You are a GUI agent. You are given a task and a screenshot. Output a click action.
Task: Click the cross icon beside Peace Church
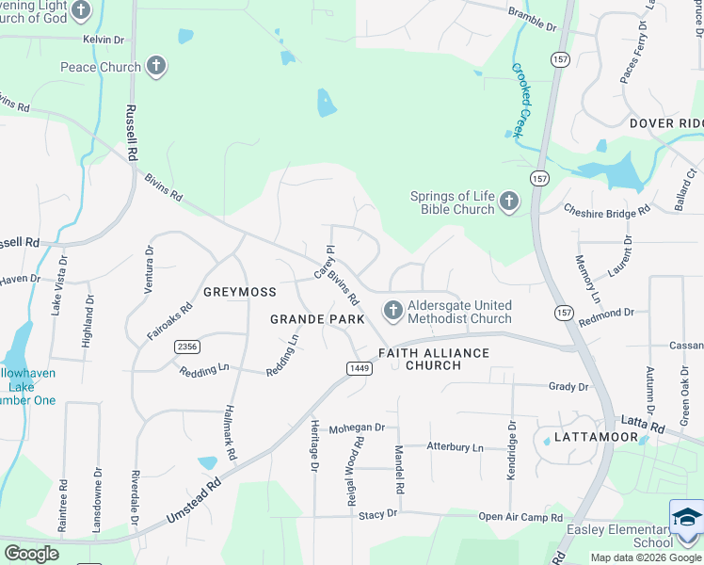(x=156, y=67)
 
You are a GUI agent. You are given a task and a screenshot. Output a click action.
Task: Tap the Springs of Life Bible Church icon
(x=509, y=202)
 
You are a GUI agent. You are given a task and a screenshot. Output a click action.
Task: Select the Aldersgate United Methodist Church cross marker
(x=392, y=311)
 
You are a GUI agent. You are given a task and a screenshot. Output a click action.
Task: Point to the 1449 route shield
(x=358, y=367)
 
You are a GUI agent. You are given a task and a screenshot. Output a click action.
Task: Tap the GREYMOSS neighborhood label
(x=239, y=292)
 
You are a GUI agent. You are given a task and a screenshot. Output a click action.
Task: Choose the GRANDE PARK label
(x=317, y=319)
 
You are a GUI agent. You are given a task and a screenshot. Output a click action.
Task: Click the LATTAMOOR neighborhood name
(x=590, y=438)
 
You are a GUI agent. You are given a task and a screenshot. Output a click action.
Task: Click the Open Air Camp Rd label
(x=520, y=517)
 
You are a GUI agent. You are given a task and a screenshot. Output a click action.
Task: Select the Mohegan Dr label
(x=357, y=428)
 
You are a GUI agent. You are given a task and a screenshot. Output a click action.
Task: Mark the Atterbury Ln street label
(x=454, y=447)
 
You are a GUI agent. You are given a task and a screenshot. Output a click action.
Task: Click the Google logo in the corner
(x=31, y=553)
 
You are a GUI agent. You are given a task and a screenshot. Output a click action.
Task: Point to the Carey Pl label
(x=325, y=263)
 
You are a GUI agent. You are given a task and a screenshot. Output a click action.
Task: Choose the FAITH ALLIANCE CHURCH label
(x=434, y=359)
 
